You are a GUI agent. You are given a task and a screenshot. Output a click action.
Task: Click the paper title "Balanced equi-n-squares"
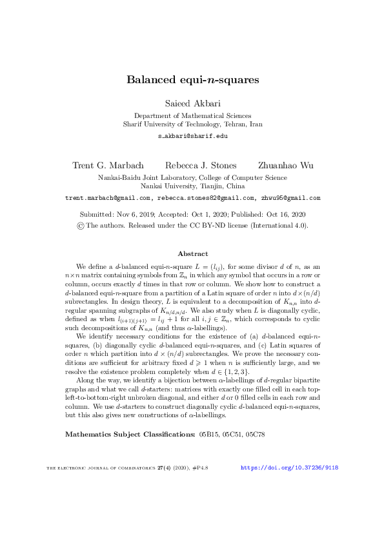pos(192,80)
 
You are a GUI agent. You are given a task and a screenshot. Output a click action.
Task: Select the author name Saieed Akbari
pos(192,104)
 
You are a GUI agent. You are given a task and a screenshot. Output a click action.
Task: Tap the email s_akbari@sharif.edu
pos(192,137)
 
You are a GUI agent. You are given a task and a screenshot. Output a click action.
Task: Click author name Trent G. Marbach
pos(106,166)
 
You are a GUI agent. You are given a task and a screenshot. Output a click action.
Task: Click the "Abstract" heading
pos(192,253)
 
